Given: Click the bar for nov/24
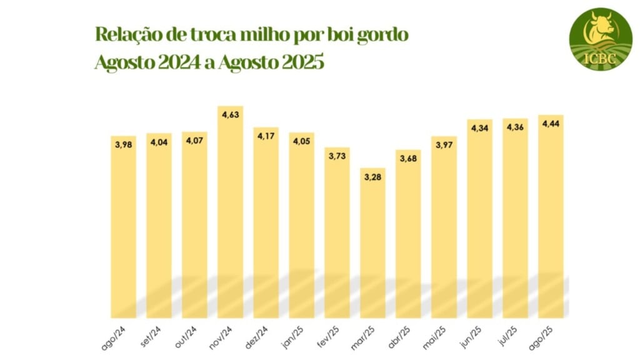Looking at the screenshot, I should pos(230,212).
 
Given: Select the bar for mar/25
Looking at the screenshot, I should pos(372,244).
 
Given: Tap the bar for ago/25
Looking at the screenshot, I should pos(551,216).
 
